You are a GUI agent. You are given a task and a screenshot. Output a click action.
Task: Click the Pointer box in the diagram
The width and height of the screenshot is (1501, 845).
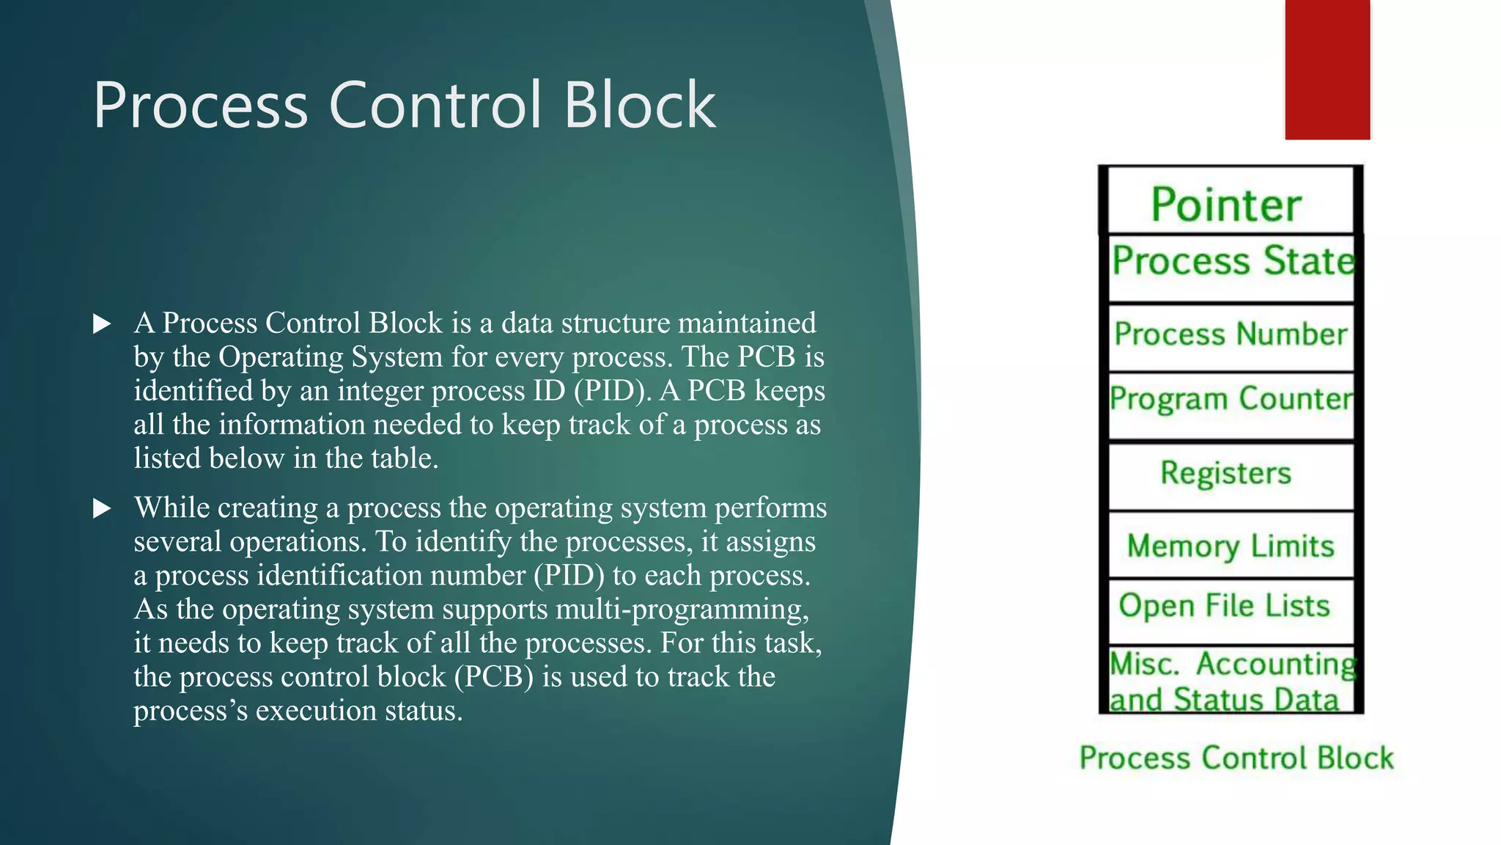pos(1230,202)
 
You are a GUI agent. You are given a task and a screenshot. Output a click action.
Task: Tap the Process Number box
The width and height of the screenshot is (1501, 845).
pos(1231,334)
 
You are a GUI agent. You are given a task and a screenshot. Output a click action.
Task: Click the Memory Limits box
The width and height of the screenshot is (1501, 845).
pos(1231,546)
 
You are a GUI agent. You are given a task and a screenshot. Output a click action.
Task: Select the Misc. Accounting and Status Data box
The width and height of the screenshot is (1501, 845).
pos(1231,681)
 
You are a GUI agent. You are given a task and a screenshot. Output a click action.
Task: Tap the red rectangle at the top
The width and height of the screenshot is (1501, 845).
pos(1327,69)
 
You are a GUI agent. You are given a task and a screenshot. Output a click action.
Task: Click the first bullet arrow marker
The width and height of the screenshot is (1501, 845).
pos(103,323)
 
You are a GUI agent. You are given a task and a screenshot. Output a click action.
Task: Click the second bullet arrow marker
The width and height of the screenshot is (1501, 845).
pos(103,508)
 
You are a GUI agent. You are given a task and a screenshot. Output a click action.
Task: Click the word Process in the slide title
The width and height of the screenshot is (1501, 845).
pos(200,106)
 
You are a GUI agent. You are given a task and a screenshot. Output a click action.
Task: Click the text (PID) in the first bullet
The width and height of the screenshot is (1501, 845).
pos(612,391)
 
